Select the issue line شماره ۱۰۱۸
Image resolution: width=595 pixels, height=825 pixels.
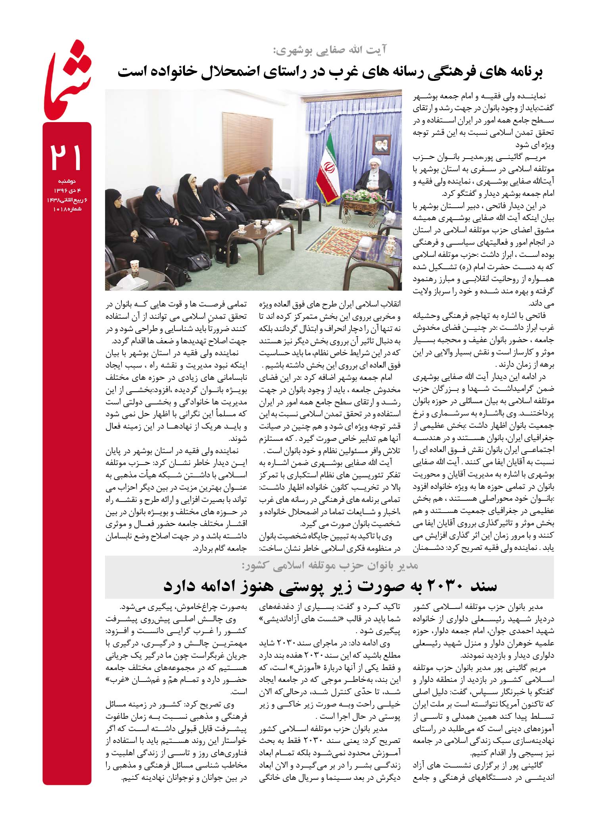pyautogui.click(x=67, y=209)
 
